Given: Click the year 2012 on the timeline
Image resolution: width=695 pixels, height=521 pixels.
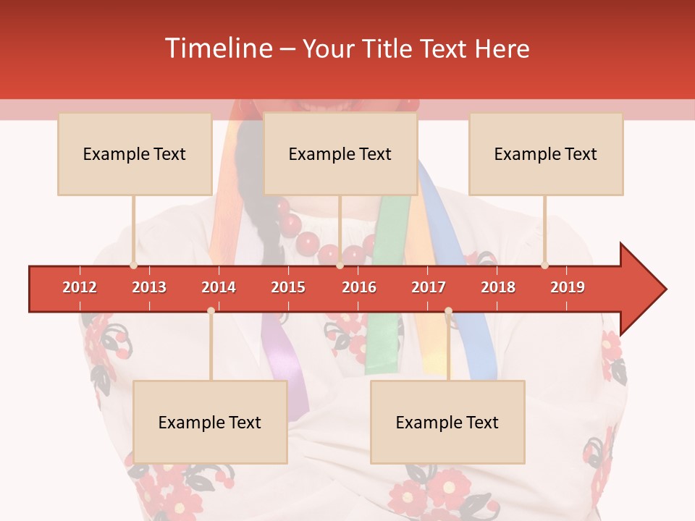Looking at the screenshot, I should (x=80, y=287).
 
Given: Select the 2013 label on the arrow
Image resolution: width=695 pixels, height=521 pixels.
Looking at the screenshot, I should (x=149, y=287).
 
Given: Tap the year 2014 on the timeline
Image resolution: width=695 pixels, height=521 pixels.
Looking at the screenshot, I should (x=219, y=287).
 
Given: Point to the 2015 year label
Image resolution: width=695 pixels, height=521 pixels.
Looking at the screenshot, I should (x=288, y=287).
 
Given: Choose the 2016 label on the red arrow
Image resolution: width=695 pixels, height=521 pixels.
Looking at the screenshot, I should (x=359, y=287).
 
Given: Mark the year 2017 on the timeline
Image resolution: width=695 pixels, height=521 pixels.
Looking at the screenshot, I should (x=429, y=287).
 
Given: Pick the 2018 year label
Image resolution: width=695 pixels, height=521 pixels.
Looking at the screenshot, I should (x=498, y=287).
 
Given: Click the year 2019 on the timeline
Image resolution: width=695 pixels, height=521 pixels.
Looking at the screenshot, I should (x=568, y=287).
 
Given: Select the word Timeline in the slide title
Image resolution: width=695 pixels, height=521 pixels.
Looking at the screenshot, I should (x=219, y=48).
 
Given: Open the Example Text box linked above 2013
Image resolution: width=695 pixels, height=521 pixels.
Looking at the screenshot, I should (x=135, y=154).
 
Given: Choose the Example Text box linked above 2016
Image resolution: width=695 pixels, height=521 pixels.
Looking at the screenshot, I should (x=340, y=154).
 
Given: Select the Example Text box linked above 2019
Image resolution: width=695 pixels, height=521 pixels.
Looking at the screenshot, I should (x=546, y=154).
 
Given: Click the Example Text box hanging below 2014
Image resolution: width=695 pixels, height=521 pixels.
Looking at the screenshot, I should (x=210, y=423).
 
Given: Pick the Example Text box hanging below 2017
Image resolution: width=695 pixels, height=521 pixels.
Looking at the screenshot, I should (x=447, y=423).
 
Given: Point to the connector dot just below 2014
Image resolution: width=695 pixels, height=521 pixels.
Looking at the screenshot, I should (x=211, y=311).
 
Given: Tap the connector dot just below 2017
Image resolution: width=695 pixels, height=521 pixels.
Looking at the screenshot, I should (x=448, y=311).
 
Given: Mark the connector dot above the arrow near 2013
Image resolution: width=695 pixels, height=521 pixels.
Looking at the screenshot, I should (x=133, y=266).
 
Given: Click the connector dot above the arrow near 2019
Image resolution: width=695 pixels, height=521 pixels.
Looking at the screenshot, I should (x=544, y=266).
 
